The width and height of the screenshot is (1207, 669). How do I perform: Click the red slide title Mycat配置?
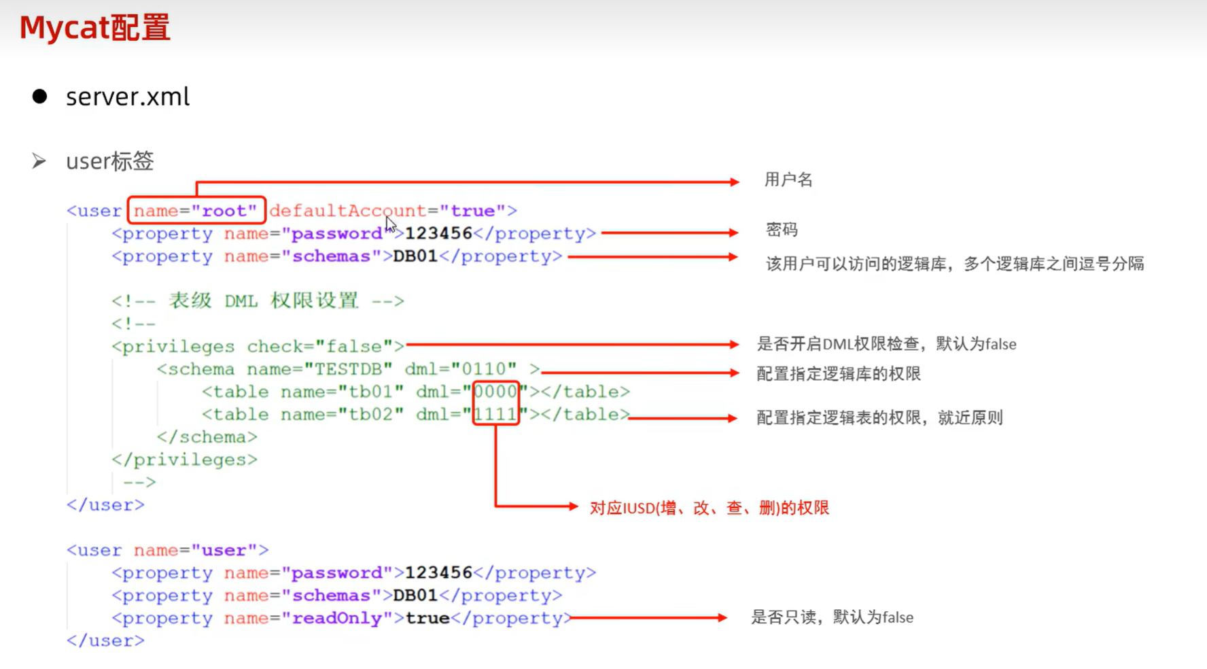click(x=94, y=28)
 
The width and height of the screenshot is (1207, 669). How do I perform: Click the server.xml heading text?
click(x=127, y=97)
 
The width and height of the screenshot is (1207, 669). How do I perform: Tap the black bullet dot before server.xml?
click(x=39, y=97)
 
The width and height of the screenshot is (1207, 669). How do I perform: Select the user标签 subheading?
click(x=109, y=162)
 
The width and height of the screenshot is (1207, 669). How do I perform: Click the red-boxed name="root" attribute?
click(x=196, y=211)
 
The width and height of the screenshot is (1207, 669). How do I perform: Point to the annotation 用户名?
click(x=788, y=180)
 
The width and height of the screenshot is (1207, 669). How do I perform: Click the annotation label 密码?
click(x=782, y=230)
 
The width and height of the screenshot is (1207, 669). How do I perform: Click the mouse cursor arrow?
click(x=391, y=224)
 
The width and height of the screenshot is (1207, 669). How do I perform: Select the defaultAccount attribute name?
click(x=347, y=211)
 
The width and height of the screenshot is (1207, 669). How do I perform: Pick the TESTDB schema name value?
click(x=348, y=369)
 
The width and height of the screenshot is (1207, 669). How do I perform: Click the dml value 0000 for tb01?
click(x=495, y=392)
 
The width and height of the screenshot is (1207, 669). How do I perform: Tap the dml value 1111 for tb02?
click(x=495, y=414)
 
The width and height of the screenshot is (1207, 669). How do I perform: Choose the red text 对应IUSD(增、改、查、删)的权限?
click(x=709, y=508)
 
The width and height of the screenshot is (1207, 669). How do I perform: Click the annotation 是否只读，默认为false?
click(x=832, y=617)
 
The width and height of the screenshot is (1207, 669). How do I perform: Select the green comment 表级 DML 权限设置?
click(x=263, y=301)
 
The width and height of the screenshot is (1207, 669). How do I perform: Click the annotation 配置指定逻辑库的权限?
click(x=839, y=374)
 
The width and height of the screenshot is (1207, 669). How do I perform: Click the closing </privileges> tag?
click(x=185, y=460)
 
